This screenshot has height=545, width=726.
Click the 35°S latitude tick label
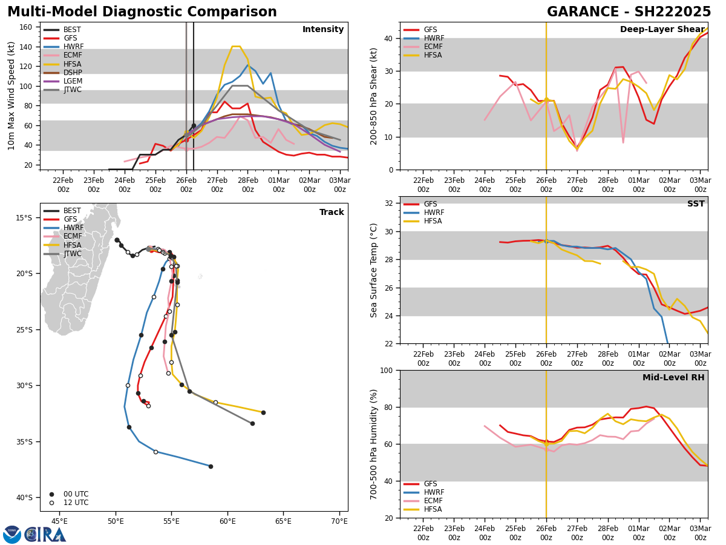pos(24,441)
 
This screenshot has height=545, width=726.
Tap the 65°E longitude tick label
pos(283,521)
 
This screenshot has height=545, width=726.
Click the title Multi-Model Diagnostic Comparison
pos(142,12)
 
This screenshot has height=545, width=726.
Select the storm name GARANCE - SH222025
pos(629,12)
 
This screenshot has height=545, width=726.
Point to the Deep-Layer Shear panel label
pos(662,30)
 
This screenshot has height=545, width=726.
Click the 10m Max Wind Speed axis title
pos(11,96)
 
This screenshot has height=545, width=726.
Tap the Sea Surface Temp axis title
pos(374,270)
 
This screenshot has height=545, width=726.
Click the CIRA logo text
pos(45,534)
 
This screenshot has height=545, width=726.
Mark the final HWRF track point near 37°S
pos(211,466)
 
